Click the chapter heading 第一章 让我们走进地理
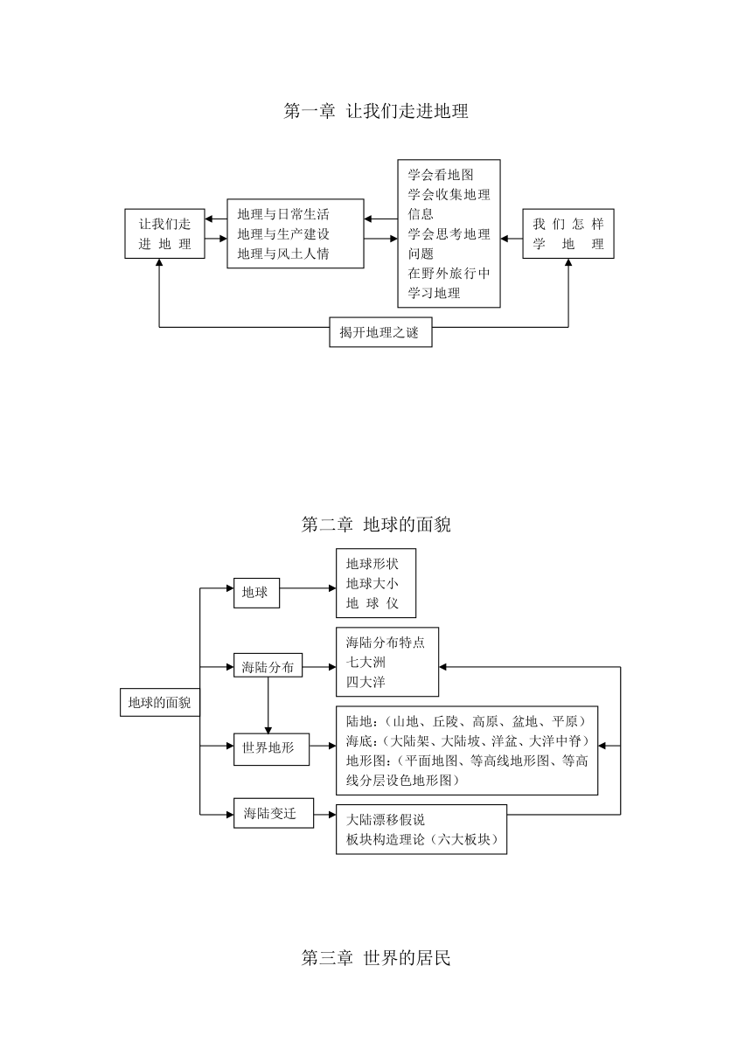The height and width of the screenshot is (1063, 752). pos(376,111)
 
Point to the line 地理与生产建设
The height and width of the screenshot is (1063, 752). pos(283,234)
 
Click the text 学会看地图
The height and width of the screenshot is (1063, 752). pos(441,175)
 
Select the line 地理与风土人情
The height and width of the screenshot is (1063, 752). pos(283,254)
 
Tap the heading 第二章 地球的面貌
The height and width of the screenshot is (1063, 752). pos(376,525)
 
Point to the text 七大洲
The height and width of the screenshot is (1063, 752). pos(366,662)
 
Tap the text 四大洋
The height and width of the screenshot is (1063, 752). pos(366,682)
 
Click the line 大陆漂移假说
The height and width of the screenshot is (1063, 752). pos(386,820)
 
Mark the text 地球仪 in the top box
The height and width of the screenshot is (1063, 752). pos(373,603)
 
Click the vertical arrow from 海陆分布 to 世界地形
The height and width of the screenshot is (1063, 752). pos(268,705)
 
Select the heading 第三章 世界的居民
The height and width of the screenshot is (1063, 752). pos(376,958)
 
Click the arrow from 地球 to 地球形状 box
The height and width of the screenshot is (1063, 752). pos(308,588)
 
